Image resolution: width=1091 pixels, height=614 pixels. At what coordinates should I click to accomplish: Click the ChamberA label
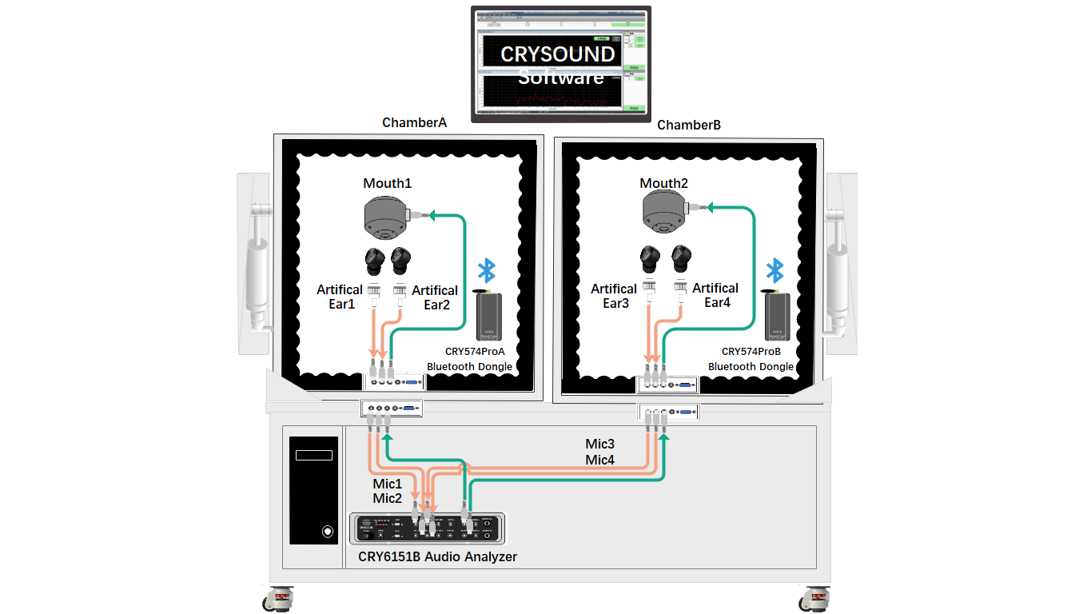coord(414,122)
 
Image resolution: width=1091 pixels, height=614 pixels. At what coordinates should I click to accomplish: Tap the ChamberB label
coord(689,125)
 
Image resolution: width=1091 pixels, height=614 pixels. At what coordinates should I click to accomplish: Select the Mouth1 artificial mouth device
coord(388,218)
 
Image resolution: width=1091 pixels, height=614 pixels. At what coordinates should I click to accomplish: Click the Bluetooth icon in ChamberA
coord(486,271)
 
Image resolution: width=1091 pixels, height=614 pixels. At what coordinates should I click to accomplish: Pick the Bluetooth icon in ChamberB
coord(774,270)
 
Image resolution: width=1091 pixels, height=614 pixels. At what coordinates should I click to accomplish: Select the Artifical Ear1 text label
coord(340,297)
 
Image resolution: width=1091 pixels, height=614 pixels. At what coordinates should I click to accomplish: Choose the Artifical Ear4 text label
coord(715,295)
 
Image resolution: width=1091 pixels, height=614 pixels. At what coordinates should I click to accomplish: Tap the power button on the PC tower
coord(327,531)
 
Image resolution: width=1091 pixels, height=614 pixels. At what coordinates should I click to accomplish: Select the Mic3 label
coord(600,444)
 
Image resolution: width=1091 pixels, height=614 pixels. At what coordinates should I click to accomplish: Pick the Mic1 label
coord(388,484)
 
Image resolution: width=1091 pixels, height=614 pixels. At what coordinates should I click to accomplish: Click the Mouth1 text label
coord(388,183)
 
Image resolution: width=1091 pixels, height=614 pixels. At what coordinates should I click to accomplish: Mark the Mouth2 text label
coord(664,183)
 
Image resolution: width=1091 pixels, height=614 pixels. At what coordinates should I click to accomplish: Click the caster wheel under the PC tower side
coord(280,598)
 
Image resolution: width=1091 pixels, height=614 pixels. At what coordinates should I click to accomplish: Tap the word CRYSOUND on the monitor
coord(558,54)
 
